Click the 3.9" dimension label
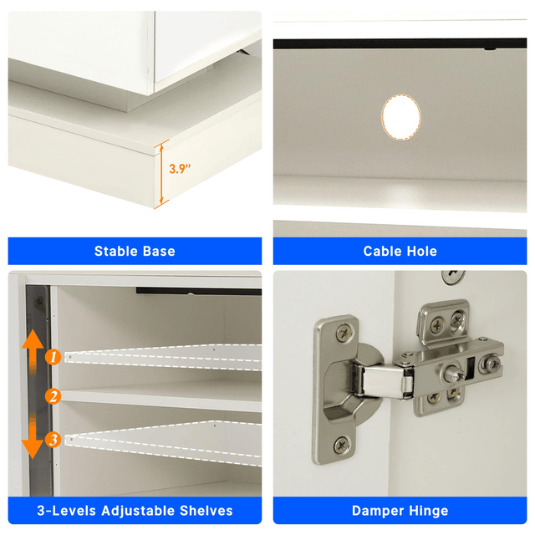180,169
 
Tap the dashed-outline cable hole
401,117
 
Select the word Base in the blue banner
159,251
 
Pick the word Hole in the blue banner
421,251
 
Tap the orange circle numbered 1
53,357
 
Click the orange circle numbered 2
53,396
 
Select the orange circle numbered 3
53,439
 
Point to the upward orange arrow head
33,339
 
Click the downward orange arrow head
33,450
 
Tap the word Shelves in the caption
206,511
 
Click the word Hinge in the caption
427,511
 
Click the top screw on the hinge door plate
344,333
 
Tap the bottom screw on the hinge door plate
342,445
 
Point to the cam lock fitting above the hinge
453,277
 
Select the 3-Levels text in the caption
66,511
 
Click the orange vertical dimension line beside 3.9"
161,174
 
